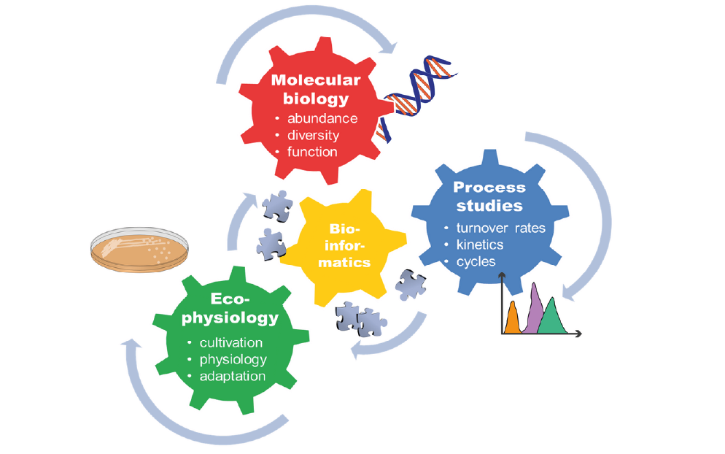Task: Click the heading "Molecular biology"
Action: [x=316, y=88]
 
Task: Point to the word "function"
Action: [x=312, y=152]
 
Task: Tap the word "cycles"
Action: [x=476, y=261]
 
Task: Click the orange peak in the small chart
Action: [x=513, y=319]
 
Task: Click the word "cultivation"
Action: [x=231, y=342]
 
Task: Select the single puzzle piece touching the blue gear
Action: [x=411, y=285]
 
